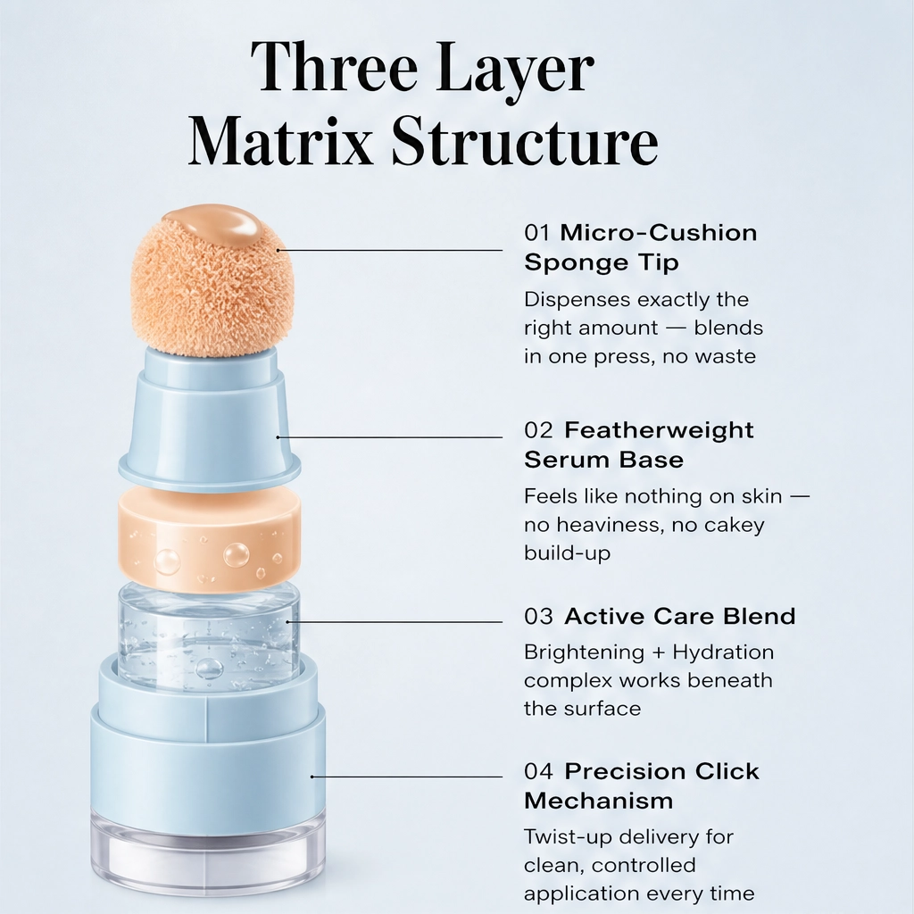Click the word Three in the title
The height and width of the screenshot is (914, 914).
334,68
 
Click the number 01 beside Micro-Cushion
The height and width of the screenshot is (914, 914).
536,233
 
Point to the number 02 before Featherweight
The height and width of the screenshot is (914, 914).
538,430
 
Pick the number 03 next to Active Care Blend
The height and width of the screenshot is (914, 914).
538,616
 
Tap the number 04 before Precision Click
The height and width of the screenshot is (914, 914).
538,771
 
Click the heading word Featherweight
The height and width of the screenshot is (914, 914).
659,430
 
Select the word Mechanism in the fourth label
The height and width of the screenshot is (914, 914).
599,801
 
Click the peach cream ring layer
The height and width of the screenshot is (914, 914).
209,538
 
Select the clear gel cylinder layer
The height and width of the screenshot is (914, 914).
209,636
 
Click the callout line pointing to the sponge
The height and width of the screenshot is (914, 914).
389,250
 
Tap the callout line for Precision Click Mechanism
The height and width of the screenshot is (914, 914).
406,777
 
